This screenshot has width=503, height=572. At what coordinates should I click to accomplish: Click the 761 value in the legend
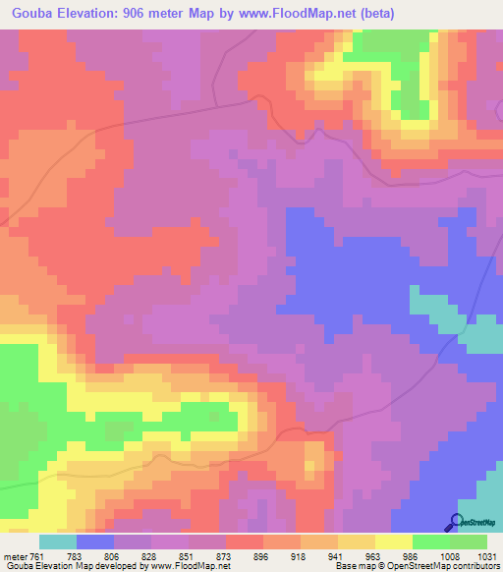[x=35, y=555]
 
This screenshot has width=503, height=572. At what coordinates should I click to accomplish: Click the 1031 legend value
[x=487, y=555]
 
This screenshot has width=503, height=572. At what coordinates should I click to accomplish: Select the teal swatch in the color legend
[x=58, y=542]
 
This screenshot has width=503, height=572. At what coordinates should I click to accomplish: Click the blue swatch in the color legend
[x=95, y=542]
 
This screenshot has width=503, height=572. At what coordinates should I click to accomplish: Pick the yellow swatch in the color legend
[x=394, y=542]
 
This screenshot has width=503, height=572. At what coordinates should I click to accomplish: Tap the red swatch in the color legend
[x=245, y=542]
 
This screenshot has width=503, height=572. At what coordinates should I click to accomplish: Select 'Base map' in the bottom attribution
[x=353, y=566]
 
